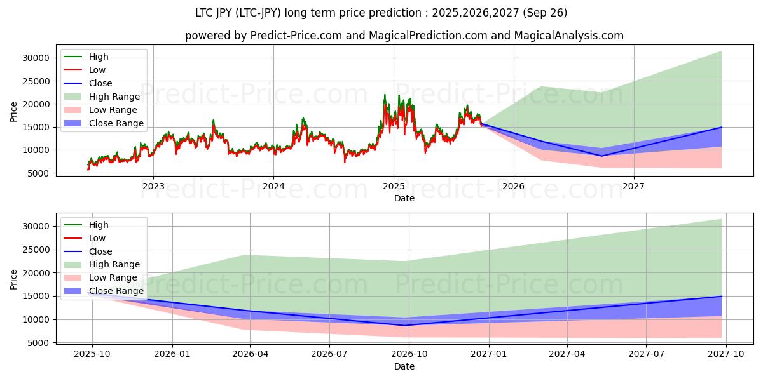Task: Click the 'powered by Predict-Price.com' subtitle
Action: pos(404,36)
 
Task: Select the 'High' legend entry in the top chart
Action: pos(99,57)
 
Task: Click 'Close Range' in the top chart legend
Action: pos(116,123)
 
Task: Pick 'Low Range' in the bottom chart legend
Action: pos(113,277)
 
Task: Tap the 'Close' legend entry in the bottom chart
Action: pos(100,251)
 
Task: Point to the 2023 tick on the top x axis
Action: pos(153,186)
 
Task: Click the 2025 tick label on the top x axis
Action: pos(394,186)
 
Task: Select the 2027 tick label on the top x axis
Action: pos(634,186)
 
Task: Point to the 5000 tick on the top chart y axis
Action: pos(39,173)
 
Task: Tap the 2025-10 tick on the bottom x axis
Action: pos(92,354)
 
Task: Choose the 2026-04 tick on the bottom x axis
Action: pos(250,354)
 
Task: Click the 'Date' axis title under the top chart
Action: pos(404,198)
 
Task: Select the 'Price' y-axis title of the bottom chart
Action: pos(14,279)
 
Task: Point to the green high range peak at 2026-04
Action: pos(249,255)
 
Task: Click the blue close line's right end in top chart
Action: pos(722,127)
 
